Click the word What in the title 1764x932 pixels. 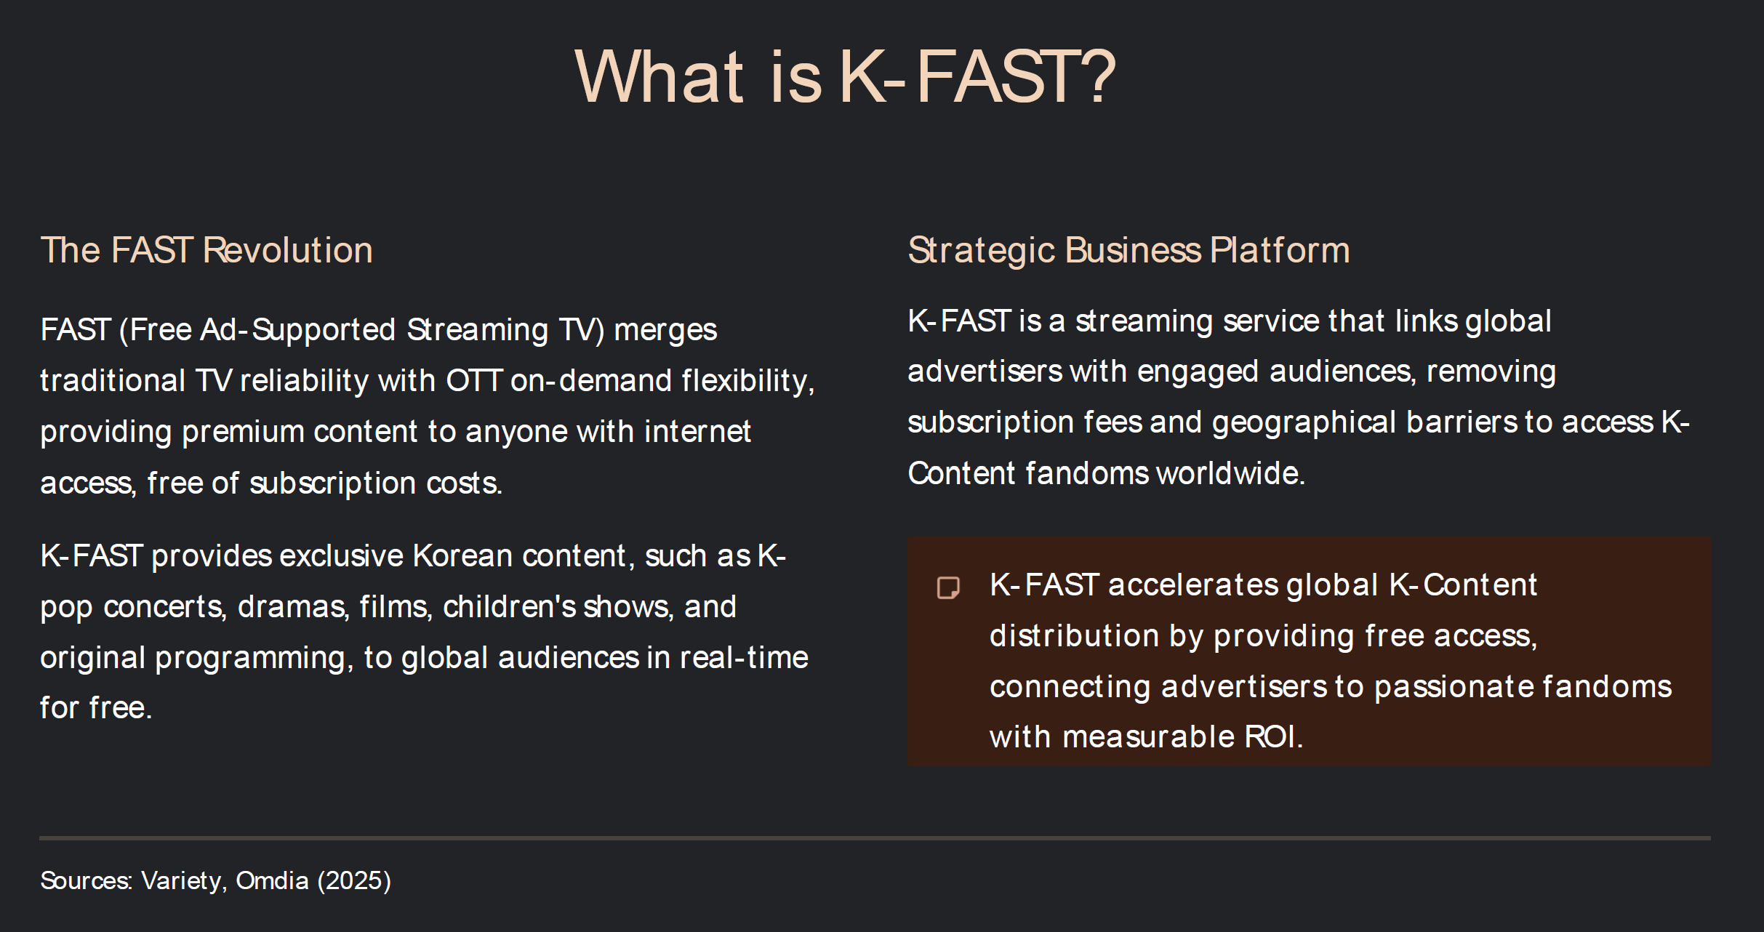pos(660,76)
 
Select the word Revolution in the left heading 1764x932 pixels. pos(288,250)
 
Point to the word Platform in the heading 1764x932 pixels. pos(1280,250)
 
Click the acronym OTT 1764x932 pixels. pos(474,380)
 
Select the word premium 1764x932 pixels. pos(243,432)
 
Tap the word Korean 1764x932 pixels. pos(463,555)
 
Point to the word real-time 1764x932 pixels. pos(744,657)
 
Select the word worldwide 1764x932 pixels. pos(1230,473)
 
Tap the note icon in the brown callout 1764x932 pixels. pos(948,587)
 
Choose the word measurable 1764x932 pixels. pos(1148,737)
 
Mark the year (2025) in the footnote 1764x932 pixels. pos(354,880)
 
